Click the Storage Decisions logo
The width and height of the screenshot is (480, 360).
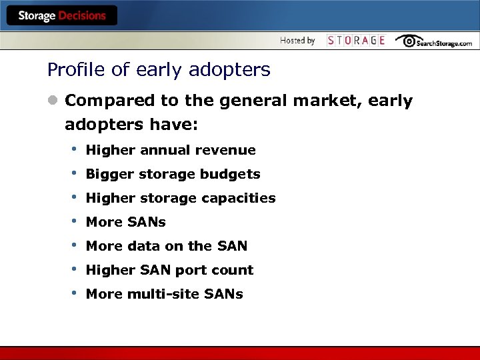(61, 16)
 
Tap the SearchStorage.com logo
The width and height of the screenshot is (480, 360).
(433, 41)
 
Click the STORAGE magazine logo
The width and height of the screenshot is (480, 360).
(356, 41)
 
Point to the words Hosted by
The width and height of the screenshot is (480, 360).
(297, 41)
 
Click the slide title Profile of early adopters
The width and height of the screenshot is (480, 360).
(159, 69)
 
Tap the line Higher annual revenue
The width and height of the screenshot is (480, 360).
(171, 150)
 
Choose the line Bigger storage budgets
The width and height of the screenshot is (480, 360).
(173, 174)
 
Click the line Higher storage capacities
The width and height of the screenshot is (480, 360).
(180, 198)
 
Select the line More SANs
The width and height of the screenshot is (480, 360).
(125, 222)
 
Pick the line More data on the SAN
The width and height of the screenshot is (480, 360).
(166, 246)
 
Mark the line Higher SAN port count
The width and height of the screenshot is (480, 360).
(169, 270)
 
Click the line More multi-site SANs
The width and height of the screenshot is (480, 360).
(164, 294)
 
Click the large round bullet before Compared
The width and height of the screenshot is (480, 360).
(53, 101)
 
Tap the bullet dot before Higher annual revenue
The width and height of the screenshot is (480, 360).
(75, 149)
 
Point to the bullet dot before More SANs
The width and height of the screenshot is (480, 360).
(75, 221)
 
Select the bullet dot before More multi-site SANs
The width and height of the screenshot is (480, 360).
(75, 293)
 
